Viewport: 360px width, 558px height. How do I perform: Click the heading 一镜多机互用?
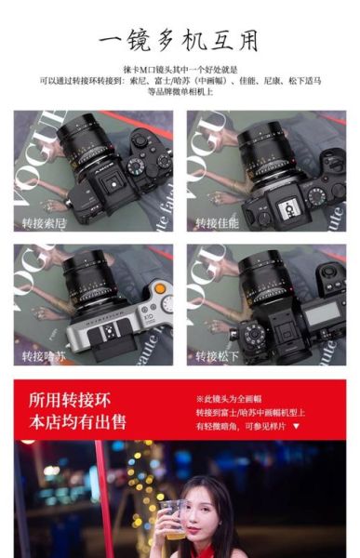(180, 41)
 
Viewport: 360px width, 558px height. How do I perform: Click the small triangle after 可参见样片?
(296, 426)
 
